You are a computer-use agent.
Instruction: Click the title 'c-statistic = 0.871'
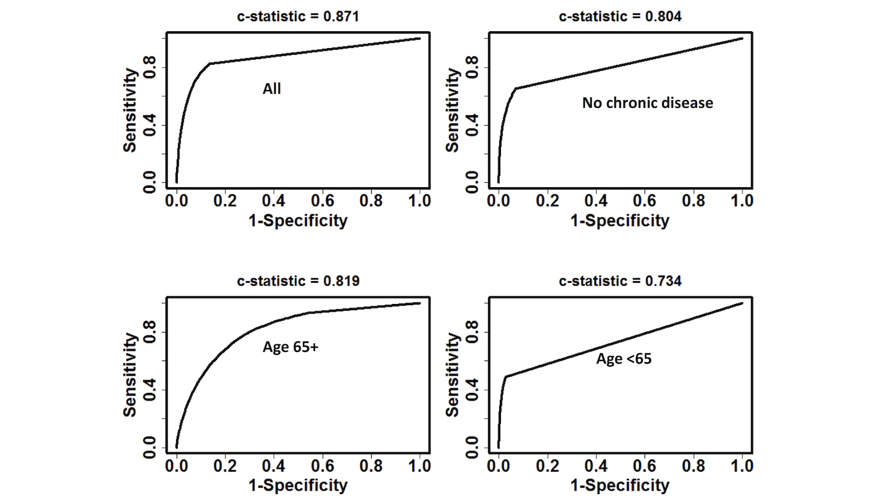click(298, 16)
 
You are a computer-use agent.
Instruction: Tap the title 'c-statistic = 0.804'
click(620, 16)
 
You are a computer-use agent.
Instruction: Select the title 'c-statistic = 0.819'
click(298, 281)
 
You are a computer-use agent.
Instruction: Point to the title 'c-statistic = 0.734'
click(620, 281)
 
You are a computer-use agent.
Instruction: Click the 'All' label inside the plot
click(272, 89)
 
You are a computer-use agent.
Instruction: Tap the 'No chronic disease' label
click(647, 103)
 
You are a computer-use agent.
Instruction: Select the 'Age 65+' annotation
click(290, 347)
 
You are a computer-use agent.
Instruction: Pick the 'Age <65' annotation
click(624, 359)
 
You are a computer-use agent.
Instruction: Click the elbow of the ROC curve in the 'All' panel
click(210, 64)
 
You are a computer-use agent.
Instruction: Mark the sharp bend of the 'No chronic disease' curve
click(516, 88)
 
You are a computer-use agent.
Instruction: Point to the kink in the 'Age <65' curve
click(506, 377)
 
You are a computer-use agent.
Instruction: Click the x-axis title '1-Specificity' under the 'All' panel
click(298, 220)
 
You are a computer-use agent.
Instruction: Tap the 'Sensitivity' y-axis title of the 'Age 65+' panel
click(130, 375)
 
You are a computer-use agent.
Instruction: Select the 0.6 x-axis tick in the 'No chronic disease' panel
click(645, 201)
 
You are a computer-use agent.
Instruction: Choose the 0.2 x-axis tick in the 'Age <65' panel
click(547, 466)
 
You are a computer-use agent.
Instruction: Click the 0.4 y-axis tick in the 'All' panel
click(150, 125)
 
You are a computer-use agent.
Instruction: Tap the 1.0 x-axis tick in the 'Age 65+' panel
click(420, 466)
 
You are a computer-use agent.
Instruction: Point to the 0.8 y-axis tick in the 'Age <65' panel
click(472, 333)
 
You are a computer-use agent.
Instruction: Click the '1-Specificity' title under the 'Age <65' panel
click(620, 485)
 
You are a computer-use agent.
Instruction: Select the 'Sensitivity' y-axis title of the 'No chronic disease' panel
click(452, 110)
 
